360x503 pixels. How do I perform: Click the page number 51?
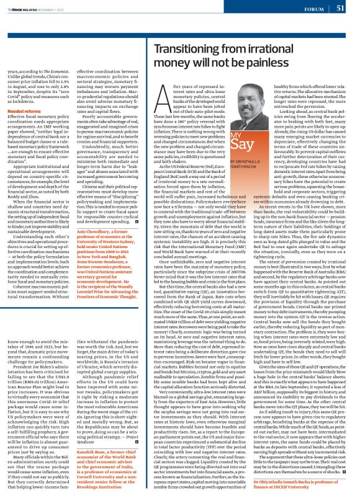341,8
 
